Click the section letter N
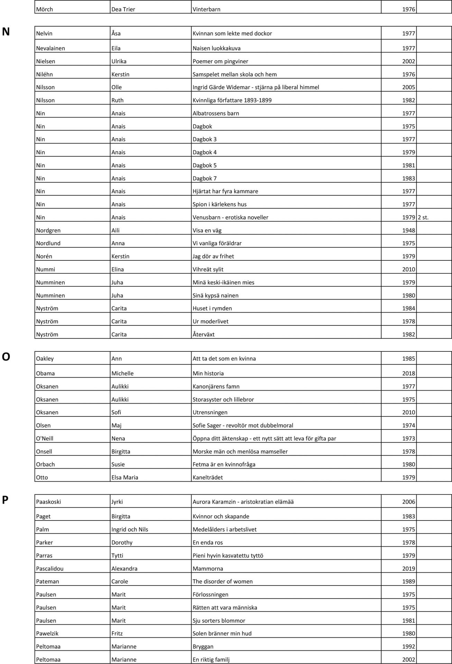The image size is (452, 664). pyautogui.click(x=6, y=32)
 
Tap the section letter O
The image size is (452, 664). pyautogui.click(x=6, y=357)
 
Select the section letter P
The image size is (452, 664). pyautogui.click(x=5, y=500)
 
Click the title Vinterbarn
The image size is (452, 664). pyautogui.click(x=206, y=9)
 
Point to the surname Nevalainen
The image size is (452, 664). pyautogui.click(x=50, y=48)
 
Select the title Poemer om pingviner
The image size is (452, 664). pyautogui.click(x=220, y=62)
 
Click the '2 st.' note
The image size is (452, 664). pyautogui.click(x=423, y=218)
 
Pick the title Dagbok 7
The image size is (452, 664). pyautogui.click(x=204, y=178)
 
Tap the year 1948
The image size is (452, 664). pyautogui.click(x=408, y=230)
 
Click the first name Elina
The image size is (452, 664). pyautogui.click(x=118, y=269)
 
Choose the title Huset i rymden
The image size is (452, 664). pyautogui.click(x=212, y=308)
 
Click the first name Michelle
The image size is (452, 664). pyautogui.click(x=122, y=373)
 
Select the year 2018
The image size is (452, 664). pyautogui.click(x=408, y=373)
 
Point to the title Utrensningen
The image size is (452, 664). pyautogui.click(x=210, y=413)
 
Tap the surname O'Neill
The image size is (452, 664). pyautogui.click(x=45, y=439)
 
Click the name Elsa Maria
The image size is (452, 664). pyautogui.click(x=125, y=478)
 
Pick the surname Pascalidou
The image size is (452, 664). pyautogui.click(x=50, y=569)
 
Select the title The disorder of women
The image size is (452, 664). pyautogui.click(x=222, y=582)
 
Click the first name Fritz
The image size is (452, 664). pyautogui.click(x=117, y=634)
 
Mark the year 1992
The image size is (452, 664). pyautogui.click(x=408, y=647)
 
